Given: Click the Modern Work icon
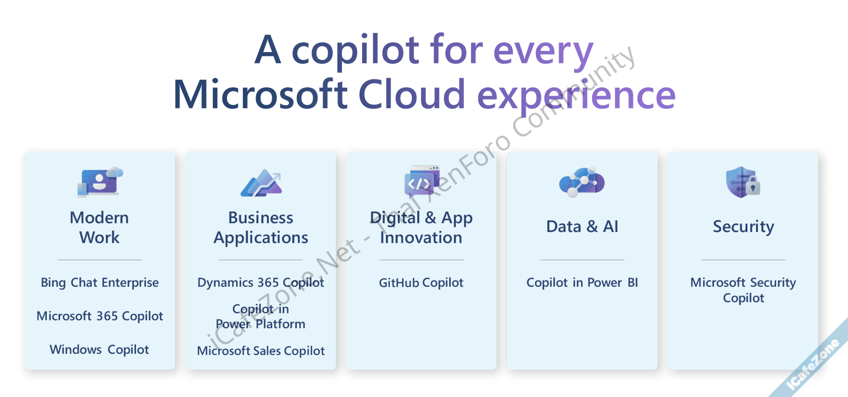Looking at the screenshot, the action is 100,182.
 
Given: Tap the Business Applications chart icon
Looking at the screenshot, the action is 261,183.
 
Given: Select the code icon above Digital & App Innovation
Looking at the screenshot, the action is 422,181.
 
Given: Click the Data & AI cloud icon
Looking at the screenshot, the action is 582,182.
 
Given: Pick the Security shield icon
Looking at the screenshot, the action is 743,182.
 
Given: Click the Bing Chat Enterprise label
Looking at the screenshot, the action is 100,283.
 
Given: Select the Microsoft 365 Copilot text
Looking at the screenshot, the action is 100,316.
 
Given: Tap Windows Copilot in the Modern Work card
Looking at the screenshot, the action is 99,349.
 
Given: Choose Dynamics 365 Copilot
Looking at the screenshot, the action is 261,283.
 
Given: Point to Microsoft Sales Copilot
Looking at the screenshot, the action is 261,351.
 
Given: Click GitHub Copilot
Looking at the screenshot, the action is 421,283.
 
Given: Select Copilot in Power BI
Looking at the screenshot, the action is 582,283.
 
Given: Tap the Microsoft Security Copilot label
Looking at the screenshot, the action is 743,290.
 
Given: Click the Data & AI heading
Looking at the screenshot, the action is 582,226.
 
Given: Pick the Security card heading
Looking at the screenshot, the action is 743,227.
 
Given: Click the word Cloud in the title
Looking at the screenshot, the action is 412,94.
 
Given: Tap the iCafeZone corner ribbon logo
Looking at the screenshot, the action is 813,364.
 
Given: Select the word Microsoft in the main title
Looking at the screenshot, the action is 261,94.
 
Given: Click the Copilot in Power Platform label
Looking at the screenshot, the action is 261,316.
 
